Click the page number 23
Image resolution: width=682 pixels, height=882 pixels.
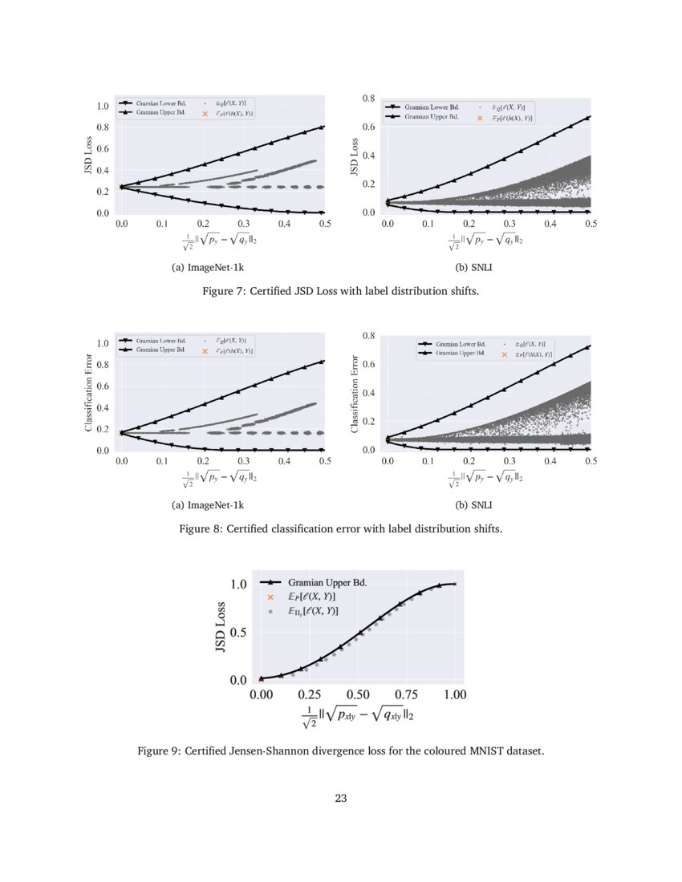[x=341, y=798]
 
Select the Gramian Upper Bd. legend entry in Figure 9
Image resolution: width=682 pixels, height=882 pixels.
[x=327, y=582]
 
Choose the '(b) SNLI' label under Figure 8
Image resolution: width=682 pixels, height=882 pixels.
[x=474, y=505]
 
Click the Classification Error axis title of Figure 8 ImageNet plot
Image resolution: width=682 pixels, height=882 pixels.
[x=89, y=393]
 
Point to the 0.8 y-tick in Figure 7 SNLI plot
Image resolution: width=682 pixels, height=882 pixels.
[x=369, y=98]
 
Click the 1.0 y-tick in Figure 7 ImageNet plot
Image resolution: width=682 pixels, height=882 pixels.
[x=102, y=106]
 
